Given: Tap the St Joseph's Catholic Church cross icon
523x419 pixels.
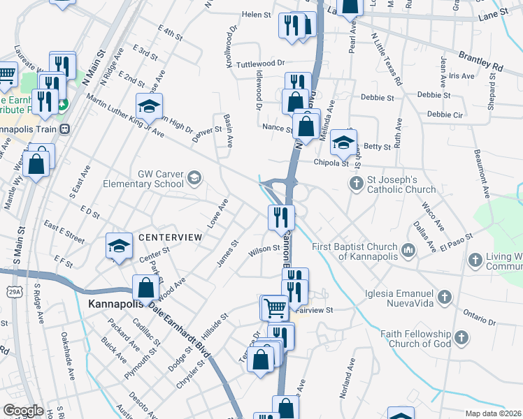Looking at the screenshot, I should point(356,184).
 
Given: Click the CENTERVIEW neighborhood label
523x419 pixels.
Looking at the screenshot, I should point(170,237).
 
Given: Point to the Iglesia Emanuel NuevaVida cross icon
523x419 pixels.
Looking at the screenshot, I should point(444,299).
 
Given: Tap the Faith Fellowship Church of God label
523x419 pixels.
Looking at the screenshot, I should point(415,338).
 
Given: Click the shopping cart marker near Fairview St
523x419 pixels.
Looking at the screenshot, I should point(275,307).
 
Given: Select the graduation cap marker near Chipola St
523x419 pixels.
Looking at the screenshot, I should point(343,142).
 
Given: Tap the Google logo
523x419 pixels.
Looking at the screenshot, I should point(23,410).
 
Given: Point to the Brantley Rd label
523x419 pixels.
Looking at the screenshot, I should point(480,59).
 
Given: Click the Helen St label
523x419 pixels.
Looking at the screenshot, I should point(256,14).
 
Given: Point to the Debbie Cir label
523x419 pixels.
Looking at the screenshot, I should point(445,114).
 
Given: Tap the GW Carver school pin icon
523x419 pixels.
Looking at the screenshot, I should point(194,179).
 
